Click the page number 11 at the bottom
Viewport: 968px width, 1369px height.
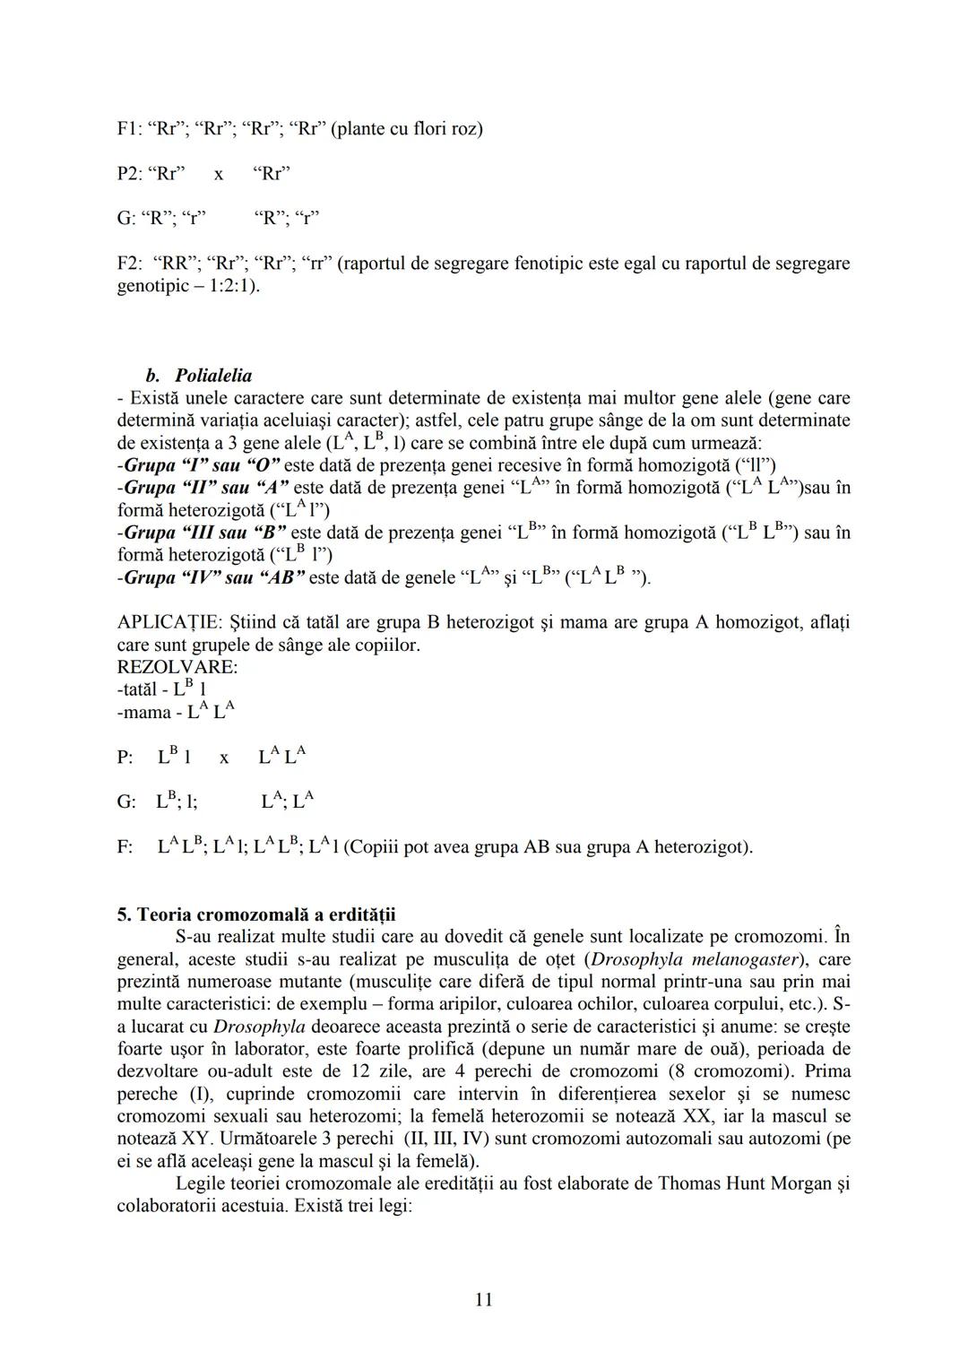pos(483,1299)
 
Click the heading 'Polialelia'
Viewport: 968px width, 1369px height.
pos(213,376)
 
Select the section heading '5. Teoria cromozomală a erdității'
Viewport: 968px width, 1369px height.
pos(256,914)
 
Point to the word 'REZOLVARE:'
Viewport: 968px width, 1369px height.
pos(177,667)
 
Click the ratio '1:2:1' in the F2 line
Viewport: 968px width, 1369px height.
pos(229,286)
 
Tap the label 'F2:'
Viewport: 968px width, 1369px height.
pos(131,264)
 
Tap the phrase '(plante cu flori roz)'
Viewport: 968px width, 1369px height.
pos(407,129)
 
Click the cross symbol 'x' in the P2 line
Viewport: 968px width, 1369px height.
pos(218,174)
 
